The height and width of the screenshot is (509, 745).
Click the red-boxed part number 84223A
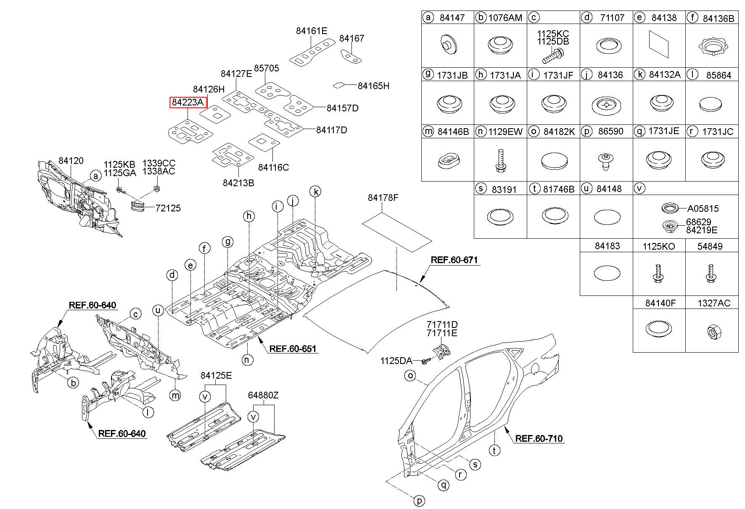tap(188, 102)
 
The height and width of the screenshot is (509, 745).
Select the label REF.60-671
tap(454, 260)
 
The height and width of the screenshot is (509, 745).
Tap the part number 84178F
tap(383, 198)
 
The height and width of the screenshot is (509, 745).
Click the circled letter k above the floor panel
tap(315, 192)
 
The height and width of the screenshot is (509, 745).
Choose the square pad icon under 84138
tap(659, 43)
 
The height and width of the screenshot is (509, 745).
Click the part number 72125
tap(168, 208)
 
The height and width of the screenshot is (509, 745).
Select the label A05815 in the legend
tap(703, 208)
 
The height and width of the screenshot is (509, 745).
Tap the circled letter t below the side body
tap(494, 451)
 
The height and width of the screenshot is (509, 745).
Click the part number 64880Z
tap(263, 395)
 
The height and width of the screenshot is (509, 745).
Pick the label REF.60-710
tap(539, 438)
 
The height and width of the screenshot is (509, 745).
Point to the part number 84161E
tap(312, 30)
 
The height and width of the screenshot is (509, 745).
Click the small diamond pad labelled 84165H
tap(338, 85)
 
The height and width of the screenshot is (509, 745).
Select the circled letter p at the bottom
tap(419, 501)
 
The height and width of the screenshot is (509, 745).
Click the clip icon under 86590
tap(605, 161)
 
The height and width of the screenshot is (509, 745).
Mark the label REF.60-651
tap(293, 348)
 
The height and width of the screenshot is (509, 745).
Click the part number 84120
tap(71, 161)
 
